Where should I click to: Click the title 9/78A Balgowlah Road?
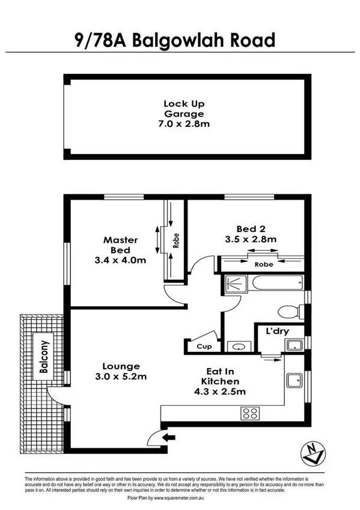click(174, 40)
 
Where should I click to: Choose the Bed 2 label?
click(247, 228)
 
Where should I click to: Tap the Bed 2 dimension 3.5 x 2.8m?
click(247, 239)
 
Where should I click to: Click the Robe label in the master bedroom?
click(176, 241)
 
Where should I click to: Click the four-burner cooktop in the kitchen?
click(249, 413)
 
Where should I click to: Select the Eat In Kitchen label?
click(222, 381)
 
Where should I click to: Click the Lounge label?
click(121, 366)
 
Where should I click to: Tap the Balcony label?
click(43, 357)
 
